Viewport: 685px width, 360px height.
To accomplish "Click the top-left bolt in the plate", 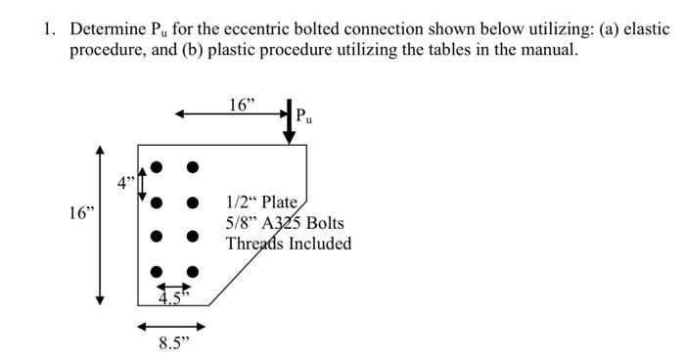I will click(x=156, y=167).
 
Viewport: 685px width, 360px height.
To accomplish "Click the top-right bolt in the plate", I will click(x=193, y=167).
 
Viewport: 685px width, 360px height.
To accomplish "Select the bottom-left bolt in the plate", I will click(x=156, y=272).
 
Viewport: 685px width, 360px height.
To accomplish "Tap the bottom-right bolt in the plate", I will click(x=193, y=272).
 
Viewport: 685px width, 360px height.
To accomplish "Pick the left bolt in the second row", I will click(x=156, y=202).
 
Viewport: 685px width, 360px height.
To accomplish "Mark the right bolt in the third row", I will click(x=193, y=237).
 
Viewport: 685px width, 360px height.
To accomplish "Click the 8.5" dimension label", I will click(x=173, y=343).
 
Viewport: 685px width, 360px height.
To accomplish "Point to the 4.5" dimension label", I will click(x=173, y=297).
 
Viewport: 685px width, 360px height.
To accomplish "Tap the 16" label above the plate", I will click(x=241, y=105).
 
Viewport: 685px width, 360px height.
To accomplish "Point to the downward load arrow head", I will click(x=290, y=138).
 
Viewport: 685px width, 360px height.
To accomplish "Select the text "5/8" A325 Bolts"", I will click(x=285, y=223).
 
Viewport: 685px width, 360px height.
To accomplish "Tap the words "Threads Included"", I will click(x=288, y=244).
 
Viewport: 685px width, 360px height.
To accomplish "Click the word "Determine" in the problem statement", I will click(x=102, y=28).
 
